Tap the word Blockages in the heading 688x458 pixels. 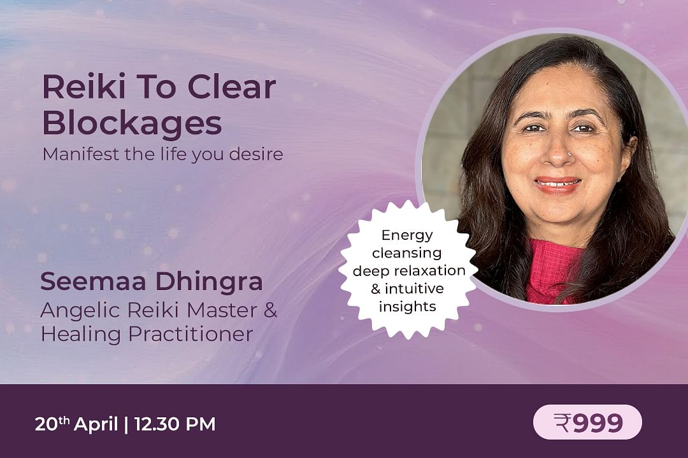click(x=132, y=123)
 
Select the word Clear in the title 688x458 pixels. click(x=232, y=87)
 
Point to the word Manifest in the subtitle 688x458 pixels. click(x=81, y=155)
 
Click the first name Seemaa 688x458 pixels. click(x=92, y=281)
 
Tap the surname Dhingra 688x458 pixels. click(x=209, y=282)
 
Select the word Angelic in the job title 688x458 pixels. click(x=80, y=311)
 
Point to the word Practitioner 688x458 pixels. click(x=191, y=334)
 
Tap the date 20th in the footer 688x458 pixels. click(x=52, y=424)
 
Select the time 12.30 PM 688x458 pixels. click(x=175, y=424)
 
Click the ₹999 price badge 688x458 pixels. click(x=587, y=422)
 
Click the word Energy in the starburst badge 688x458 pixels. click(x=406, y=235)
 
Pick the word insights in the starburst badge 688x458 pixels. click(x=407, y=307)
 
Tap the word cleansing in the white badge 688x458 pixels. click(x=406, y=253)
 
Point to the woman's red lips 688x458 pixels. click(x=557, y=184)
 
